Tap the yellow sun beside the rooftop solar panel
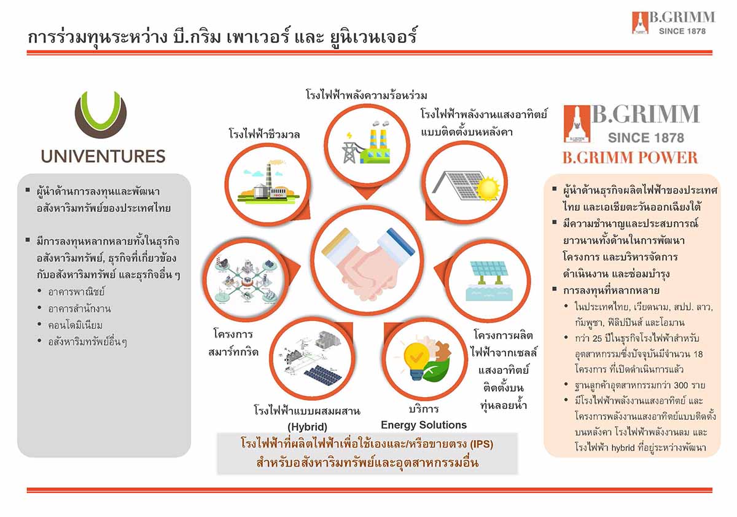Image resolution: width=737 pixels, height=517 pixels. pos(488,189)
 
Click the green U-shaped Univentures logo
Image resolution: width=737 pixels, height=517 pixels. pos(101,114)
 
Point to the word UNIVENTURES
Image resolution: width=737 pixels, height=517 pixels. pos(103,156)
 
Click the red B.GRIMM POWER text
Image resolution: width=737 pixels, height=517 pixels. pos(630,157)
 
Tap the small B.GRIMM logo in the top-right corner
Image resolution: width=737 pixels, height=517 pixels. pos(673,22)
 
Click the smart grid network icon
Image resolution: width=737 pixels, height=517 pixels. pos(246,279)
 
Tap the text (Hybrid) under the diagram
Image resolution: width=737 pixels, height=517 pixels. pos(307,427)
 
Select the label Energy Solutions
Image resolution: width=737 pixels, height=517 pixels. pos(424,425)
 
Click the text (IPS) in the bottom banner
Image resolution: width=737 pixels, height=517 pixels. pos(481,444)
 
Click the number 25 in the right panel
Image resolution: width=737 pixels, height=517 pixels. pos(597,339)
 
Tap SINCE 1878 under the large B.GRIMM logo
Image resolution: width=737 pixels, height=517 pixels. pos(646,138)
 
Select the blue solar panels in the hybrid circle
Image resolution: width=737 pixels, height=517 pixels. pos(323,376)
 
